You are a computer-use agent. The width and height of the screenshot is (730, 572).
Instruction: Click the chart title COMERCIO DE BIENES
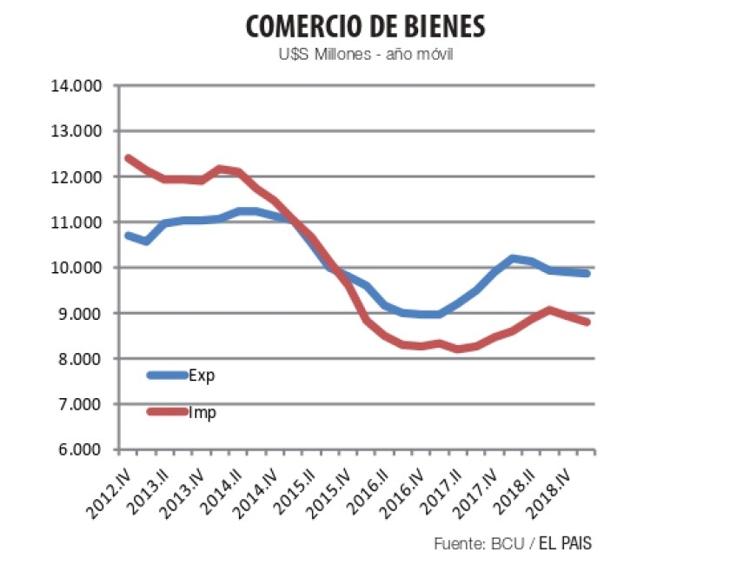coord(365,26)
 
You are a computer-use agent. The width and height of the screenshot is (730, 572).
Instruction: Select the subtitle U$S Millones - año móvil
coord(365,56)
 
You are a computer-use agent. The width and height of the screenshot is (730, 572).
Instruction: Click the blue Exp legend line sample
coord(167,376)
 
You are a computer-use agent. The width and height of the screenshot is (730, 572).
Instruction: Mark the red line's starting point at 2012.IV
coord(128,158)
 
